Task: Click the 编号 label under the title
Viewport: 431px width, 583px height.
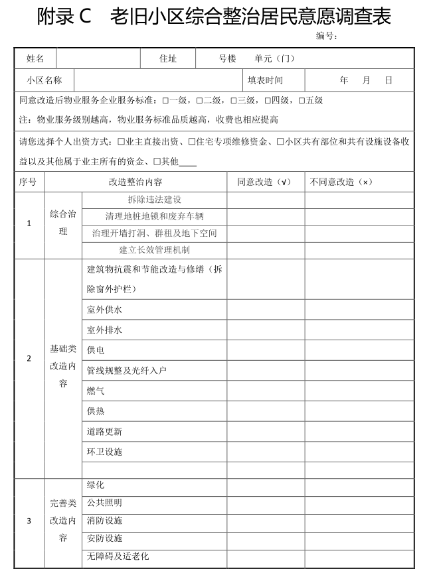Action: pyautogui.click(x=326, y=36)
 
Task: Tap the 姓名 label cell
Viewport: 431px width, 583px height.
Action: pyautogui.click(x=35, y=58)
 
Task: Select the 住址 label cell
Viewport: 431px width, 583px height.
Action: pyautogui.click(x=168, y=58)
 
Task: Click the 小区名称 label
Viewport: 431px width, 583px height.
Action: pyautogui.click(x=44, y=80)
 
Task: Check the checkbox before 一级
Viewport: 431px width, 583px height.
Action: pyautogui.click(x=165, y=101)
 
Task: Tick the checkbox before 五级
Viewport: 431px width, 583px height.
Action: pyautogui.click(x=302, y=101)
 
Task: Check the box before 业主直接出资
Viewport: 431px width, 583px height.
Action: pyautogui.click(x=121, y=142)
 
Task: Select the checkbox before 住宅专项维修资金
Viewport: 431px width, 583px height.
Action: pyautogui.click(x=191, y=142)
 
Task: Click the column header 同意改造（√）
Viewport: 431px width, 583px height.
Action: pyautogui.click(x=264, y=182)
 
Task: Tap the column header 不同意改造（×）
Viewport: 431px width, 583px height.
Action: pyautogui.click(x=340, y=182)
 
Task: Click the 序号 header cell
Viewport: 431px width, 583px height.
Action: pyautogui.click(x=28, y=182)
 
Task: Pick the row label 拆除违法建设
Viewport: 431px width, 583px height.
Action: pyautogui.click(x=154, y=199)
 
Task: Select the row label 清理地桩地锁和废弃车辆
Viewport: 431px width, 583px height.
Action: pyautogui.click(x=154, y=216)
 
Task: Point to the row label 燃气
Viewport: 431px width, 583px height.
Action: pyautogui.click(x=96, y=391)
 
